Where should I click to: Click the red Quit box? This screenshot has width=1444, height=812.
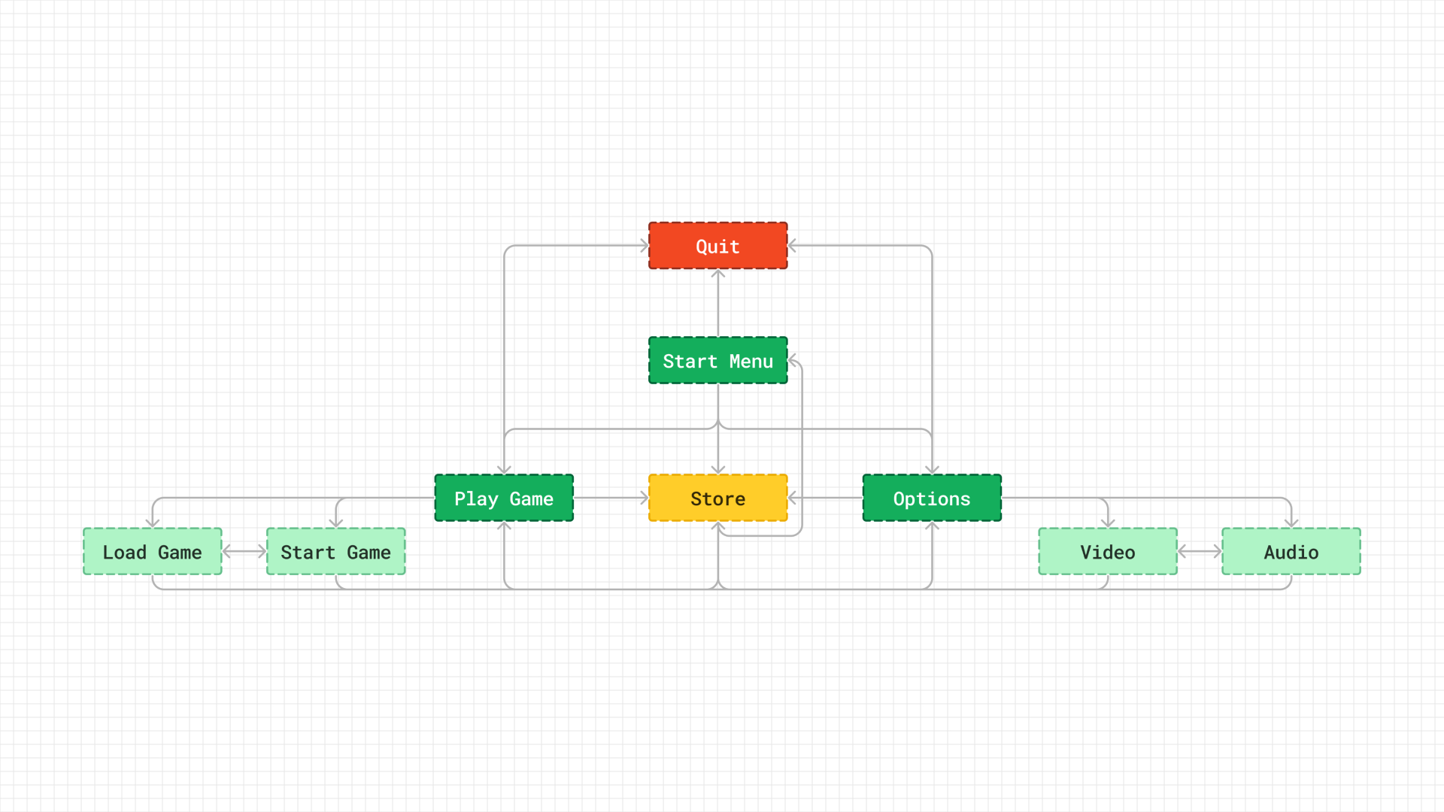click(x=718, y=246)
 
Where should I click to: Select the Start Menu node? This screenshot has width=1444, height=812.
click(x=718, y=361)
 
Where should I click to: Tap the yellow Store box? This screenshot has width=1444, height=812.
click(x=718, y=498)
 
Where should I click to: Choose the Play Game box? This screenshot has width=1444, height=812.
click(x=504, y=498)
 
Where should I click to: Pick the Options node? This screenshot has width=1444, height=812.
click(x=932, y=498)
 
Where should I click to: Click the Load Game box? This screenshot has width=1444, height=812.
click(x=153, y=552)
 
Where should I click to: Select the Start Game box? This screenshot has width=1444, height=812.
click(x=336, y=552)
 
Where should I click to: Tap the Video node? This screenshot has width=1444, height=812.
click(x=1108, y=552)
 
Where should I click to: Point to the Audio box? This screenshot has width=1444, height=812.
click(x=1291, y=552)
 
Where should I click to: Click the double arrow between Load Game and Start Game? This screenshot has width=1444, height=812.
click(x=244, y=552)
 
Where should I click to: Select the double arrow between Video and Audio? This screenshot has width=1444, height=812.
click(x=1200, y=552)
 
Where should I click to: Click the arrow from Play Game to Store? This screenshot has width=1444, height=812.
click(x=611, y=498)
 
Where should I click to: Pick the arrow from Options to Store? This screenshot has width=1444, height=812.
click(x=825, y=498)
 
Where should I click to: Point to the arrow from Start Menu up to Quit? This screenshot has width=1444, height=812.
click(x=718, y=303)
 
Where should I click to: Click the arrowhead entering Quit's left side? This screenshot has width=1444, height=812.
click(x=644, y=246)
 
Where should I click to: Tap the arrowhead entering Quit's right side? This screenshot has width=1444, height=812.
click(x=793, y=246)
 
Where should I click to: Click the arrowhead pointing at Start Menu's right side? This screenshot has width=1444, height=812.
click(x=793, y=361)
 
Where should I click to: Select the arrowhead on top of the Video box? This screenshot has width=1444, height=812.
click(x=1108, y=523)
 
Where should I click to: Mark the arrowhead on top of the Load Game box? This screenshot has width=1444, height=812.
click(x=153, y=523)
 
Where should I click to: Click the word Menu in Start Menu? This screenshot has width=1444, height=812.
click(x=751, y=362)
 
